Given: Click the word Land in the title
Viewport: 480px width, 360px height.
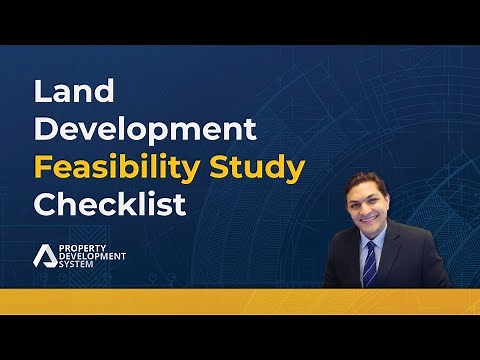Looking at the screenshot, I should [75, 91].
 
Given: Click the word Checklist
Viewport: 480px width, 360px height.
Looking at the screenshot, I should [110, 206].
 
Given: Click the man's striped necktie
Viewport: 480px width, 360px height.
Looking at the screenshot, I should [370, 262].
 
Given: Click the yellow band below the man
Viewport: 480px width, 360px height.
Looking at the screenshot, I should [240, 301].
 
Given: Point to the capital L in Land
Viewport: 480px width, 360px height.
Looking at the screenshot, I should [43, 91].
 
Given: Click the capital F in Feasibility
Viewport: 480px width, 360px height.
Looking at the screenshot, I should [43, 168].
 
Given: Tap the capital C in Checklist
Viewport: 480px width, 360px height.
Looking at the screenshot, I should [45, 206].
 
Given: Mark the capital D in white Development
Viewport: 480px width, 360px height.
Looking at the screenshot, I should [46, 130].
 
